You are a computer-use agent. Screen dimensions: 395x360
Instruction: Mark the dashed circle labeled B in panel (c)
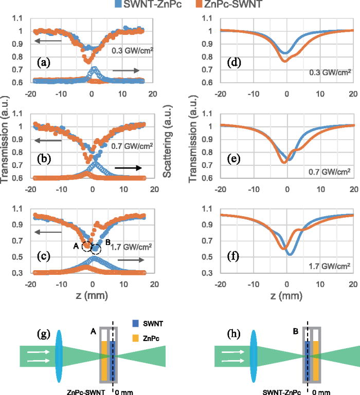(96, 250)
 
